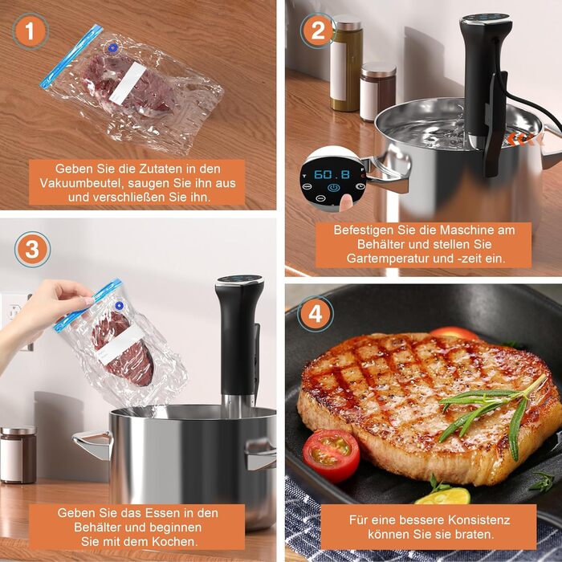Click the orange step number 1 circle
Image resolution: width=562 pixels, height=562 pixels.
point(31,31)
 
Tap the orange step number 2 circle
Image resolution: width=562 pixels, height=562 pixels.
point(318,31)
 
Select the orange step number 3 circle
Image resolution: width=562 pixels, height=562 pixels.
point(32,250)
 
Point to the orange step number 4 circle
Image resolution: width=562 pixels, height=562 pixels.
point(316,314)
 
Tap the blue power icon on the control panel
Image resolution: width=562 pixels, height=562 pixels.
point(333,187)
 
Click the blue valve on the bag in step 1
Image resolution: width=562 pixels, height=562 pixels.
point(113,47)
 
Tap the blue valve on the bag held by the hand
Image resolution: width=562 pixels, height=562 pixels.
point(119,306)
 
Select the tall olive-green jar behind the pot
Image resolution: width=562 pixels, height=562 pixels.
point(346,63)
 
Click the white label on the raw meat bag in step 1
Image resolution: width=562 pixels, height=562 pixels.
point(127,83)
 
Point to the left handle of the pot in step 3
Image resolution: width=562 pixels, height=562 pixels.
point(92,444)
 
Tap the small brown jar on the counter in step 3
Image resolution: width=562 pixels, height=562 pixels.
point(18,454)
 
